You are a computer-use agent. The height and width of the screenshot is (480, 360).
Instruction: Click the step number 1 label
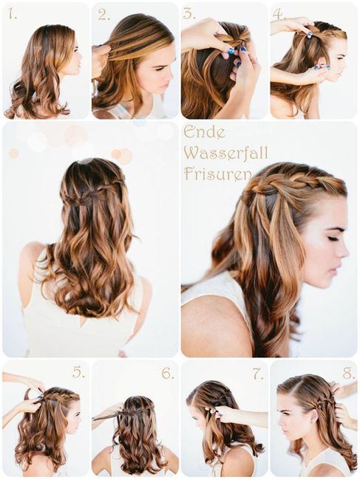pyautogui.click(x=13, y=14)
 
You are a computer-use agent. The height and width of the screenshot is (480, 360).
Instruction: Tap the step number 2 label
pyautogui.click(x=103, y=14)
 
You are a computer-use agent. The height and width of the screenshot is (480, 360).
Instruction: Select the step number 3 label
pyautogui.click(x=189, y=14)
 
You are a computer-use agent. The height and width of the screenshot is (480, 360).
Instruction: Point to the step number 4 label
pyautogui.click(x=278, y=14)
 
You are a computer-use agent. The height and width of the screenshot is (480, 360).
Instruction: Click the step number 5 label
pyautogui.click(x=78, y=372)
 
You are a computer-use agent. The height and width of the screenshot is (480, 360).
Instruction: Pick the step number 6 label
pyautogui.click(x=168, y=373)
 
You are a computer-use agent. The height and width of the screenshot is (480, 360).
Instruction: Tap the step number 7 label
pyautogui.click(x=257, y=373)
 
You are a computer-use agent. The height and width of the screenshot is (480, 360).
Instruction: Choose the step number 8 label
pyautogui.click(x=348, y=372)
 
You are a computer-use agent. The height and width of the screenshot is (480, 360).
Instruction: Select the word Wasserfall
pyautogui.click(x=226, y=154)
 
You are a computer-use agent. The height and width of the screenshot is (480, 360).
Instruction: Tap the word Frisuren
pyautogui.click(x=214, y=174)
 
